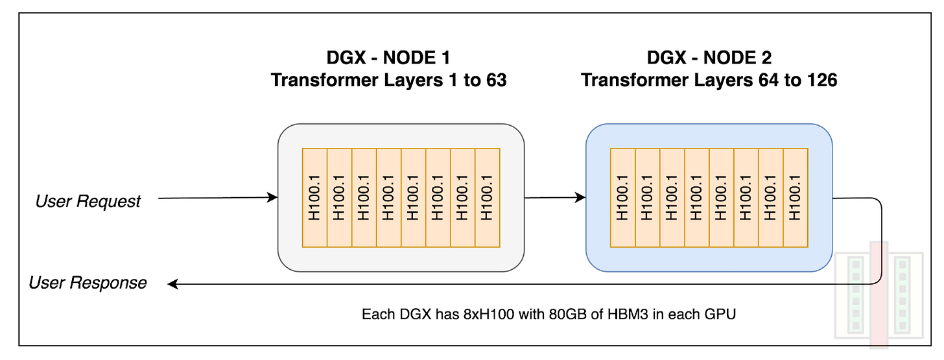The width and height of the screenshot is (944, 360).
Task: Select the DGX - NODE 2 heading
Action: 709,59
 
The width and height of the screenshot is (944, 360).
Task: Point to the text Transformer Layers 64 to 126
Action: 709,80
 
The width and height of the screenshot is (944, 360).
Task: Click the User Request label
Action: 88,201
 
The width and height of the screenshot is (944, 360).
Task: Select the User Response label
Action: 88,283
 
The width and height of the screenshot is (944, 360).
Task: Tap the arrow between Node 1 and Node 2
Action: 554,198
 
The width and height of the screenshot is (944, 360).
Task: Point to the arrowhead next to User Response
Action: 172,283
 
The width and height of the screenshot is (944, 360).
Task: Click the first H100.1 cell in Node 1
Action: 315,197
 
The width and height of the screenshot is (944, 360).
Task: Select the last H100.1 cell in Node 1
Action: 488,197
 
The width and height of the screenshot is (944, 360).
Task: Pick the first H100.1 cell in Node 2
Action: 623,197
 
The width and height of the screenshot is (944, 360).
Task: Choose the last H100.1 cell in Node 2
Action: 796,197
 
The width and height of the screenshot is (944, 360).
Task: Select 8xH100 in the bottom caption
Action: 484,315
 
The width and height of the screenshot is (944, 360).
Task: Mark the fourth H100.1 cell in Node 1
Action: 389,197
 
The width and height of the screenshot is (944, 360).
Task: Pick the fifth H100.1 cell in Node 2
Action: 722,197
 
